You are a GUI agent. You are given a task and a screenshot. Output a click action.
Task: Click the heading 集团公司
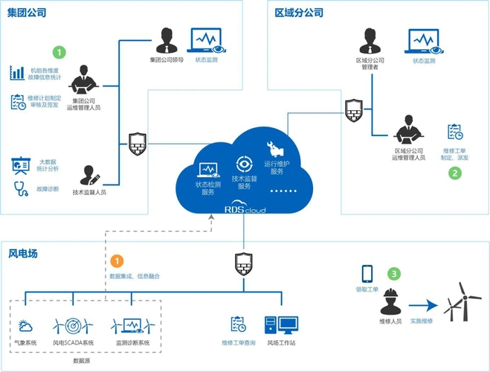coord(27,13)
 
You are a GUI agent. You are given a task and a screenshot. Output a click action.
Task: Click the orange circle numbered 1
coord(117,261)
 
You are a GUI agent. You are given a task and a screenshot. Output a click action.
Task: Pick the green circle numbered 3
coord(394,274)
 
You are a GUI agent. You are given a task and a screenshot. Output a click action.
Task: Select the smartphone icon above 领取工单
coord(367,273)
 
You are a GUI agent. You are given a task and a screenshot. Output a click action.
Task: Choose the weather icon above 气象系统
coord(25,325)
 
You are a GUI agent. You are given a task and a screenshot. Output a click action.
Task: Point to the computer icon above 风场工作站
coord(281,325)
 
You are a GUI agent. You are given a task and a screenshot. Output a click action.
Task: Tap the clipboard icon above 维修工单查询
coord(239,324)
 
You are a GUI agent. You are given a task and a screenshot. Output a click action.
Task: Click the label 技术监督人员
coord(89,192)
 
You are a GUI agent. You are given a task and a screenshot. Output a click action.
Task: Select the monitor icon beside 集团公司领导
coord(206,40)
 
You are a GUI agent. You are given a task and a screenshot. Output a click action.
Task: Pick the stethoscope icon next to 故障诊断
coord(18,188)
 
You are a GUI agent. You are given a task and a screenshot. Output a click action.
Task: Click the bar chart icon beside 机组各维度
coord(17,73)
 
